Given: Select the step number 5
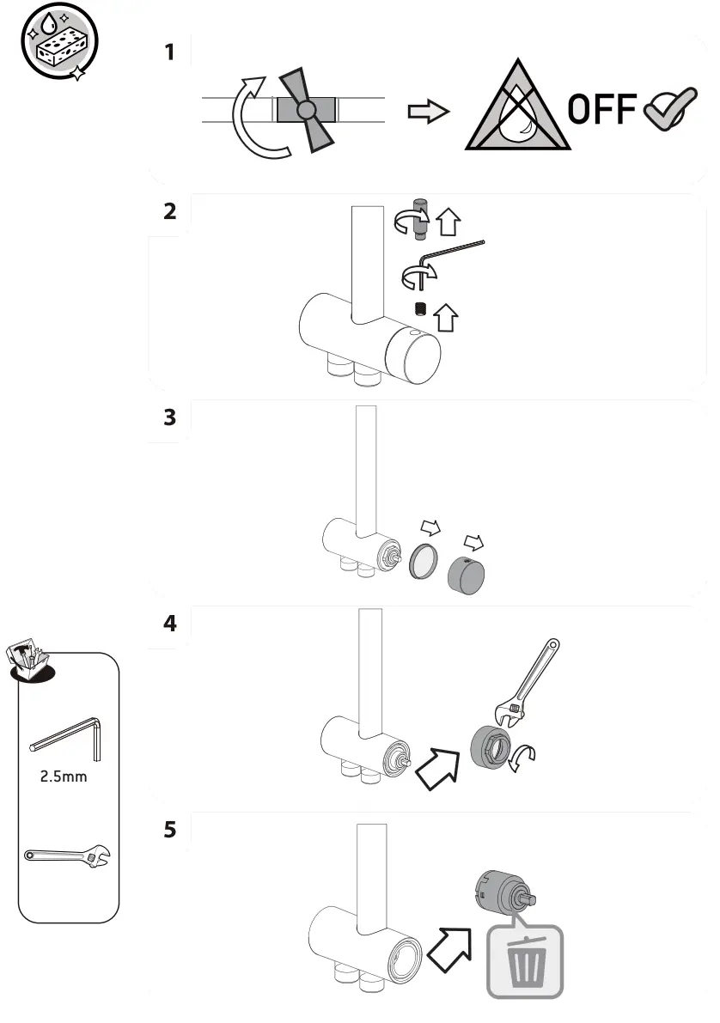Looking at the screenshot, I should pos(169,831).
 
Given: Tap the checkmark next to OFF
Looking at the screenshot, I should pos(670,112).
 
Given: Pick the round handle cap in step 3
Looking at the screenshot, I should pos(467,575).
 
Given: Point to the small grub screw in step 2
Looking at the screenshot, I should pos(420,310).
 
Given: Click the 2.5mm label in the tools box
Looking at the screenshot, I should pos(64,777).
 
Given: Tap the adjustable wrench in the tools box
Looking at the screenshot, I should pos(67,856).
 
